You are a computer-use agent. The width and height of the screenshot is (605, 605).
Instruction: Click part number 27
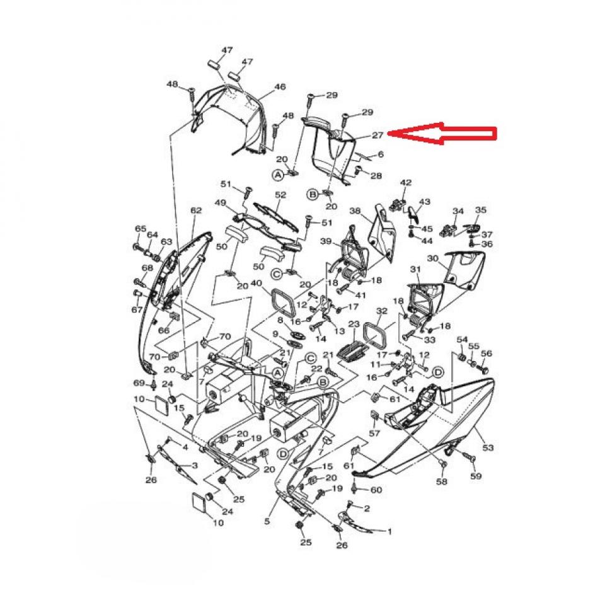point(377,134)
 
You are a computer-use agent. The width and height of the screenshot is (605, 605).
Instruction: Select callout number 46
point(280,87)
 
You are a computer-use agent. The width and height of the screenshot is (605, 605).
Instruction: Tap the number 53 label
point(488,447)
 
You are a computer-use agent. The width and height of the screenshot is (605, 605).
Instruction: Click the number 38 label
point(354,212)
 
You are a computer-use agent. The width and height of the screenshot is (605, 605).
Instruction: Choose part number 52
point(280,195)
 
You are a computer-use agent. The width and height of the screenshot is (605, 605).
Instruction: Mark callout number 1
point(389,532)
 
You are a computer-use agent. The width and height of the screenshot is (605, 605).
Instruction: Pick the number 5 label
point(267,521)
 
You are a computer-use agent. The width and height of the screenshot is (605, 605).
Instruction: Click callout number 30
point(432,258)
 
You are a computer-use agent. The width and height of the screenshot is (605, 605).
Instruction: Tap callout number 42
point(406,183)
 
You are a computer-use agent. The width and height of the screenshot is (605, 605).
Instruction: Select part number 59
point(476,476)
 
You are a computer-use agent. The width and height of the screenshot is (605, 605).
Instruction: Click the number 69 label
point(139,383)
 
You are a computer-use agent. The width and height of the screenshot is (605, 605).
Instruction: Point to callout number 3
point(195,465)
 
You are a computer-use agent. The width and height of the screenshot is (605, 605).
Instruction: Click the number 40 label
point(256,284)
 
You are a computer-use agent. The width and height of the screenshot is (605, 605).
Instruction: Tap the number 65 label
point(141,229)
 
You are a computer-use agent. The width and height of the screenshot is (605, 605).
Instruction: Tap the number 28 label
point(376,175)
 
